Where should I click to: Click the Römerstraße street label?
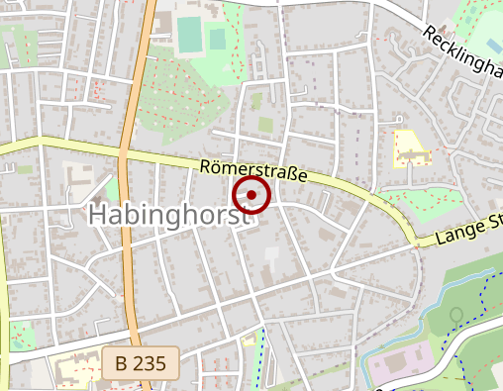[x=253, y=171]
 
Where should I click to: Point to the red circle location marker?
[x=251, y=195]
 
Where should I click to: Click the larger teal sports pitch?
[x=188, y=35]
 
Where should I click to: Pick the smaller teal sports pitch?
[x=217, y=40]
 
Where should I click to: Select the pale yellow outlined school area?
[x=410, y=147]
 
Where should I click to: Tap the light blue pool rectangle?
[x=493, y=46]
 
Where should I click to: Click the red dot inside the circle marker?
[x=251, y=195]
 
